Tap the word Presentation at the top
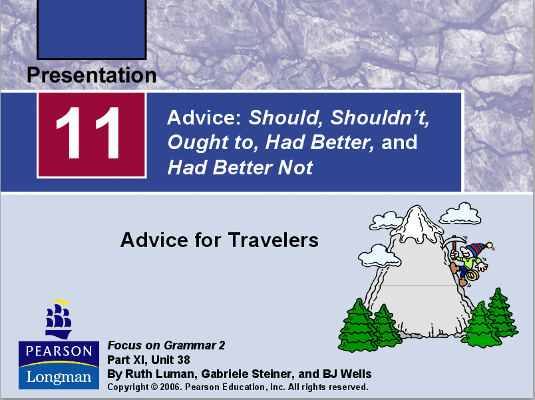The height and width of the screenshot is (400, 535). (92, 75)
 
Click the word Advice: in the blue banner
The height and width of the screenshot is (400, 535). (205, 118)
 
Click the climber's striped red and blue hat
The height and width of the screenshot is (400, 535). (473, 251)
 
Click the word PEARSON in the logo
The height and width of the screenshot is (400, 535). (59, 351)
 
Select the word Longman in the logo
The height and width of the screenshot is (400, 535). (59, 377)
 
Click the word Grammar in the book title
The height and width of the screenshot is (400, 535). (190, 345)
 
